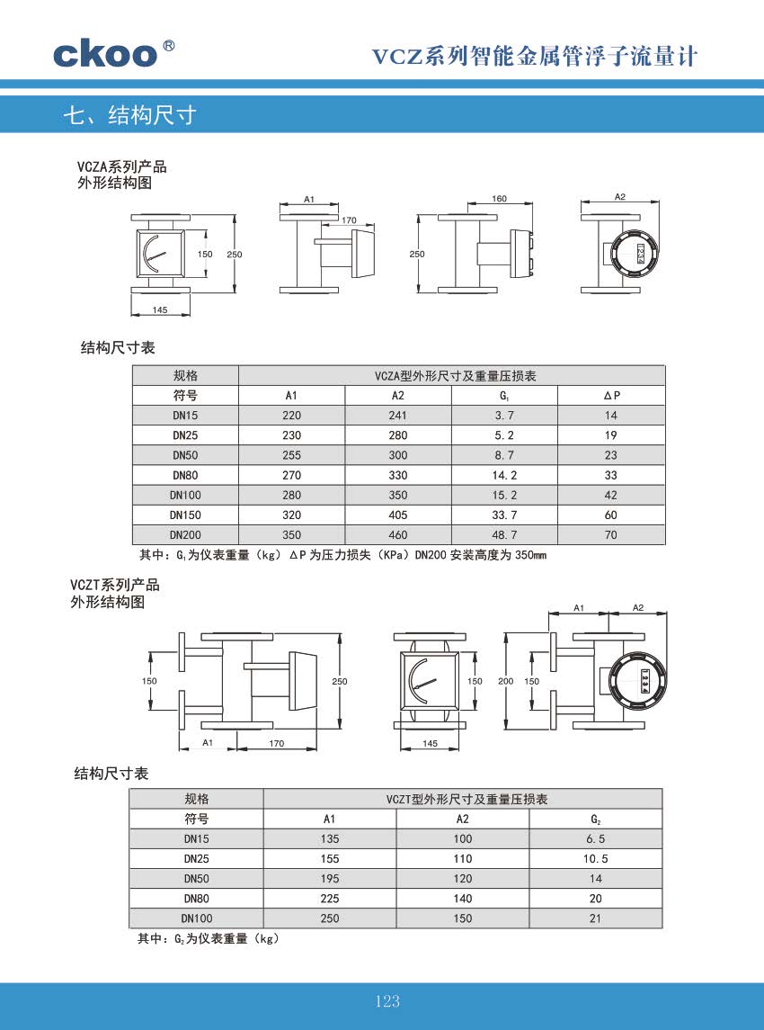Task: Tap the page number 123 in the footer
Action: [387, 1001]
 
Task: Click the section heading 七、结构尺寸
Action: [129, 115]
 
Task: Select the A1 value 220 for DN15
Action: [291, 416]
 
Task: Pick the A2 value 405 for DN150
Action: [398, 515]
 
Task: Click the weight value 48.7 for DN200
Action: [505, 535]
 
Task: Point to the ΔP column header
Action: [611, 396]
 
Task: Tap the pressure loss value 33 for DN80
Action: [611, 475]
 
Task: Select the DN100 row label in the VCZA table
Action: [185, 496]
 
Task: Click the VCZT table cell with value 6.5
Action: [595, 838]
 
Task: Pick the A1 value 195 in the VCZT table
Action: [329, 879]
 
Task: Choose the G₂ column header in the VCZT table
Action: [595, 819]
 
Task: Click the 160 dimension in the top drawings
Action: [500, 199]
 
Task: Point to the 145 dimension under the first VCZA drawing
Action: [160, 309]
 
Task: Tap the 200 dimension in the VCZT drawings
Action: [505, 681]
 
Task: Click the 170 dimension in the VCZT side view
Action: [277, 743]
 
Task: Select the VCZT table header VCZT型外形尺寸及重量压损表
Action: [462, 799]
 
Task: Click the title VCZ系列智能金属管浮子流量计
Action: [535, 58]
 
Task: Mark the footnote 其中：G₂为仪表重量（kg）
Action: [209, 938]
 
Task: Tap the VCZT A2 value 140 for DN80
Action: [462, 899]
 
